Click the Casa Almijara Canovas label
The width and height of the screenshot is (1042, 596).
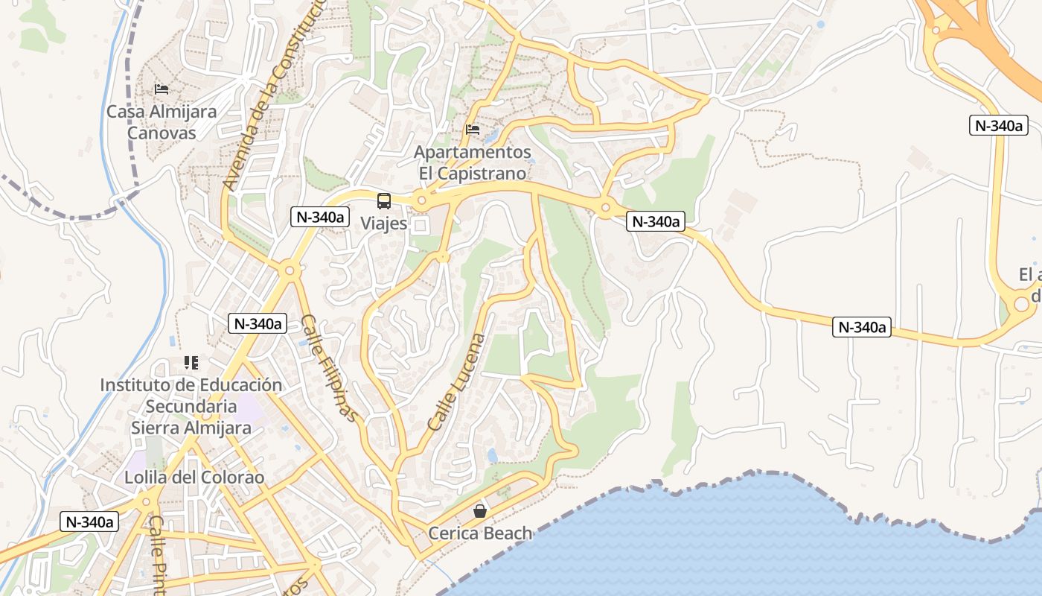162,122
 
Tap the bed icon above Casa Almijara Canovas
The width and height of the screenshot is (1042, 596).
162,89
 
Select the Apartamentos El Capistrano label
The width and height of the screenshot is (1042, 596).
473,162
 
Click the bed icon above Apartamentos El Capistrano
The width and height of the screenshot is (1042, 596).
473,130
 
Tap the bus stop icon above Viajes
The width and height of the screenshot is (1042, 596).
384,200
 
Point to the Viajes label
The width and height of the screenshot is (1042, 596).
384,223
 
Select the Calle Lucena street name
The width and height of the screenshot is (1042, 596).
456,382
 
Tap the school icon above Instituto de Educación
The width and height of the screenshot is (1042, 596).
191,363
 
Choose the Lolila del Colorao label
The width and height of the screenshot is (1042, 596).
194,478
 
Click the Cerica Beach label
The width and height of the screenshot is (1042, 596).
480,533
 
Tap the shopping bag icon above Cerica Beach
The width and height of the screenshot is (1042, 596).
480,511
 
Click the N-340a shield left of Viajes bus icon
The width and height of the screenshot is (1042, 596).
320,217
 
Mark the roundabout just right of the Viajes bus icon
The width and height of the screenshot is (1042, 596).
422,200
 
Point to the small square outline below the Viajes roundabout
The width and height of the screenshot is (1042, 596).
421,225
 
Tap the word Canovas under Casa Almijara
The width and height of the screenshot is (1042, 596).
162,133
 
